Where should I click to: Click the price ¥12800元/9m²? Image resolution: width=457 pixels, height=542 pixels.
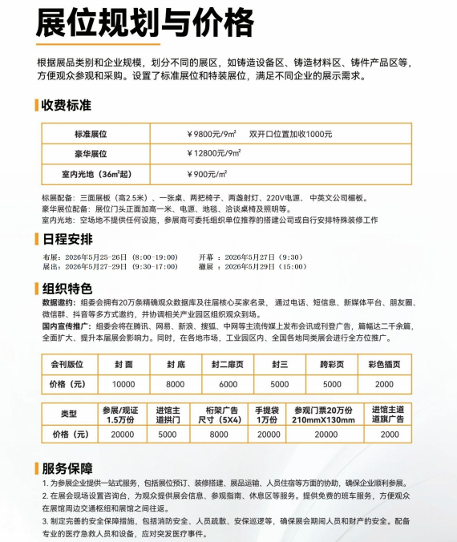pos(213,153)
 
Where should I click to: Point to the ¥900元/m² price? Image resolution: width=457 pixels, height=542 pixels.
pos(206,173)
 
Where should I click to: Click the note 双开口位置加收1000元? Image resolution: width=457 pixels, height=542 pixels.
pos(290,134)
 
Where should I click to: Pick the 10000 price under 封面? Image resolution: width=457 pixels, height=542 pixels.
pos(123,384)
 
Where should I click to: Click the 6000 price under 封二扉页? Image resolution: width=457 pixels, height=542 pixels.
pos(228,384)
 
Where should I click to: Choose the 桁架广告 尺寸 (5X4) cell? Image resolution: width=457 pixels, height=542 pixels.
pos(219,414)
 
